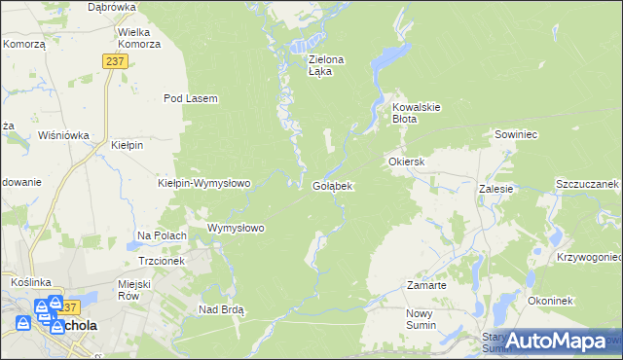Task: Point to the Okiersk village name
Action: [407, 162]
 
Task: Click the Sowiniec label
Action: [516, 134]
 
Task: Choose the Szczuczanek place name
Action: [587, 183]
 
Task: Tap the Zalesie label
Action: [495, 189]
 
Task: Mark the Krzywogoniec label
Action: [589, 257]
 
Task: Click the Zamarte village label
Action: [425, 286]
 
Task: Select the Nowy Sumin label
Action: [423, 319]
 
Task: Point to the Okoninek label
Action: [549, 302]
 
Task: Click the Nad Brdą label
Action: [221, 309]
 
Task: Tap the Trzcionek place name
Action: [161, 261]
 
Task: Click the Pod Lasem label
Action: [190, 98]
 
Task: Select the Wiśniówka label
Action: [64, 135]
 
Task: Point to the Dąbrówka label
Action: [111, 7]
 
